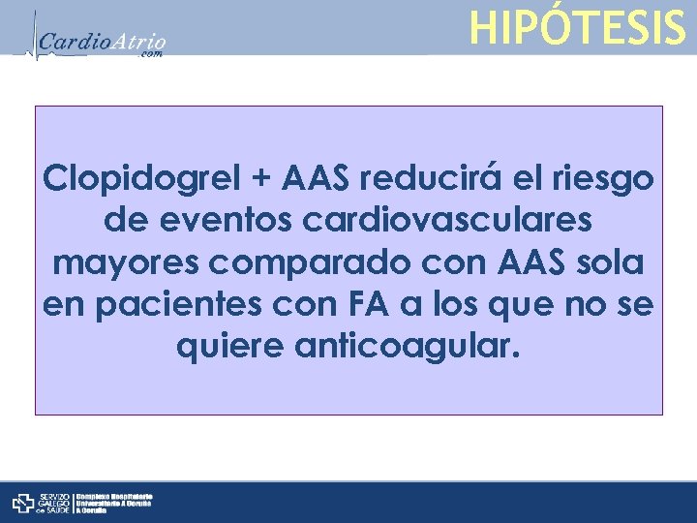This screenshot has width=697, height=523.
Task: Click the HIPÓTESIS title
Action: tap(577, 27)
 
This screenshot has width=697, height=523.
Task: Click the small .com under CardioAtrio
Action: tap(152, 55)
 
